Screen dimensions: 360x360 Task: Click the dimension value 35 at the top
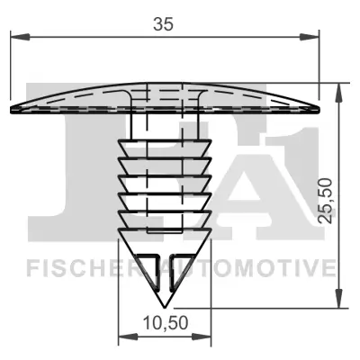[x=163, y=24]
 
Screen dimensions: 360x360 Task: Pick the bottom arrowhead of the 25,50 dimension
[x=338, y=303]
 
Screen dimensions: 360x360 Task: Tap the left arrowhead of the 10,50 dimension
[x=124, y=338]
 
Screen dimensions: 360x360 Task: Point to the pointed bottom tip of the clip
[x=163, y=307]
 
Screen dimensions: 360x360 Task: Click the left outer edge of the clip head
[x=11, y=109]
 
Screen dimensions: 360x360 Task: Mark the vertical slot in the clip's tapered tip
[x=163, y=274]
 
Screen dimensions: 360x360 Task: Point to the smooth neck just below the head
[x=163, y=126]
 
